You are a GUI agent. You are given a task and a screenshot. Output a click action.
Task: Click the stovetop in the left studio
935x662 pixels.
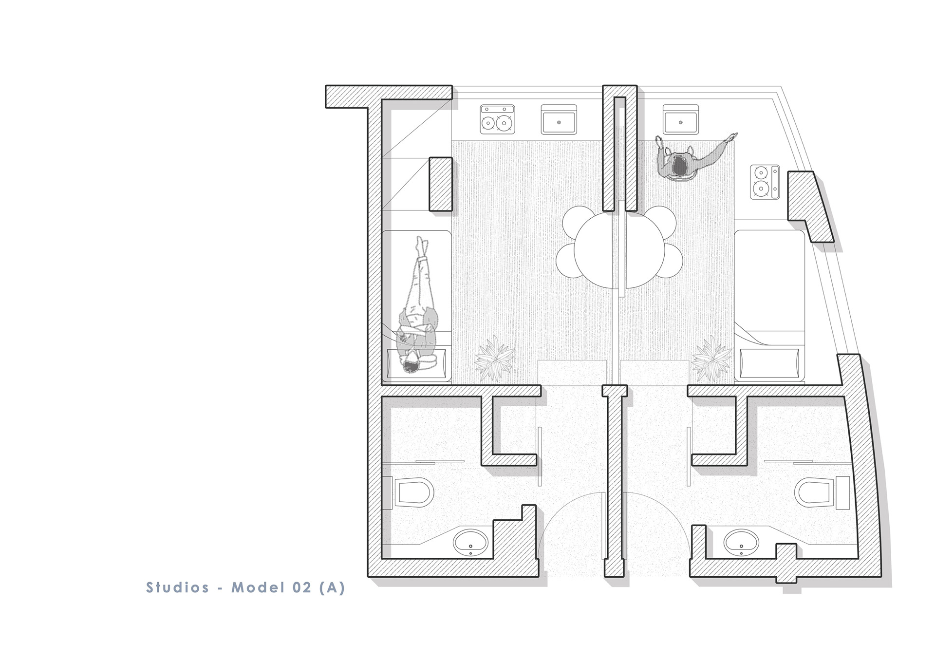click(497, 119)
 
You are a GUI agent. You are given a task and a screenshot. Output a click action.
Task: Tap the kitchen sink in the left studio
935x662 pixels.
click(559, 119)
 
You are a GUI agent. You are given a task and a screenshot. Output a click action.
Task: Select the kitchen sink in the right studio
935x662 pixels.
click(680, 119)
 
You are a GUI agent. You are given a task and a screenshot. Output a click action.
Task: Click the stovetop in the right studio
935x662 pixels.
click(765, 182)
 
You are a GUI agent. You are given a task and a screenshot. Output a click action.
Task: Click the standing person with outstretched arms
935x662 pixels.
click(692, 158)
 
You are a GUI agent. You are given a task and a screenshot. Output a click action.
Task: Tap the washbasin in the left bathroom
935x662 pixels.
click(471, 543)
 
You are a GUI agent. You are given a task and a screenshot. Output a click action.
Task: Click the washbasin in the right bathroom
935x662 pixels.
click(741, 543)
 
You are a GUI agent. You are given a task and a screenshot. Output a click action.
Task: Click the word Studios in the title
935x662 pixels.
click(178, 587)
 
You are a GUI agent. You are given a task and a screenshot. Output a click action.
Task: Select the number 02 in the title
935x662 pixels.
click(302, 587)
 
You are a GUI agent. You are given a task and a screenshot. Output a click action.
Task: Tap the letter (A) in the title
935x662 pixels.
click(332, 587)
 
